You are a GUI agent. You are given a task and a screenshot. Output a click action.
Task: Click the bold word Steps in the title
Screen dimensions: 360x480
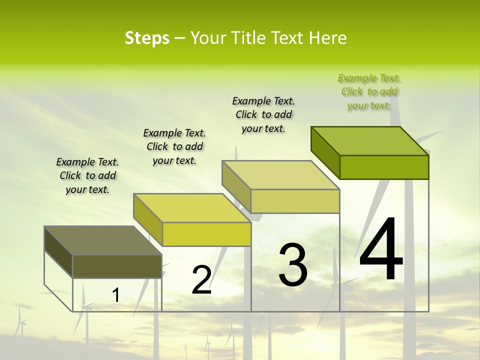147,38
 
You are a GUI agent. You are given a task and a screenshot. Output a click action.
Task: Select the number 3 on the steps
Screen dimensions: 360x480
292,265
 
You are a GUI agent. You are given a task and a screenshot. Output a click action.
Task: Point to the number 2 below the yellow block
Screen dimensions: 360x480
201,280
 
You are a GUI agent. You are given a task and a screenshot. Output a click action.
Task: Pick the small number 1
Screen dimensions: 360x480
115,295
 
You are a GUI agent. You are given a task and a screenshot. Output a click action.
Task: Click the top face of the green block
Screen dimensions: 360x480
370,141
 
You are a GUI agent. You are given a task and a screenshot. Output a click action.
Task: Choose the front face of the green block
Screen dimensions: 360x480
384,167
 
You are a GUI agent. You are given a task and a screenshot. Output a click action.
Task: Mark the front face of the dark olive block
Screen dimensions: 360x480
117,266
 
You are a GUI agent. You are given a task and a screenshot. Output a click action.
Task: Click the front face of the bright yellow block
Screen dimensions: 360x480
206,234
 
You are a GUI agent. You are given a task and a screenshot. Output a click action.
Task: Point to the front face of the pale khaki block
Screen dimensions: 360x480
295,201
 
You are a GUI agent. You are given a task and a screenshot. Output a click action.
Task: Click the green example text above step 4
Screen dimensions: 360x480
369,92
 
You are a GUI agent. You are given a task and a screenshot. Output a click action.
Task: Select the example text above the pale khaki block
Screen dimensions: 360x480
263,114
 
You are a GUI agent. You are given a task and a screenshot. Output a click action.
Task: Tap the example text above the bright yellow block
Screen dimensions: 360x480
174,146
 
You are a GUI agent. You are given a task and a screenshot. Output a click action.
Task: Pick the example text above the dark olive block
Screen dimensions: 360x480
87,175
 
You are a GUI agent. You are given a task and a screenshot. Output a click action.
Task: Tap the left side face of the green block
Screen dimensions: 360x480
325,152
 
